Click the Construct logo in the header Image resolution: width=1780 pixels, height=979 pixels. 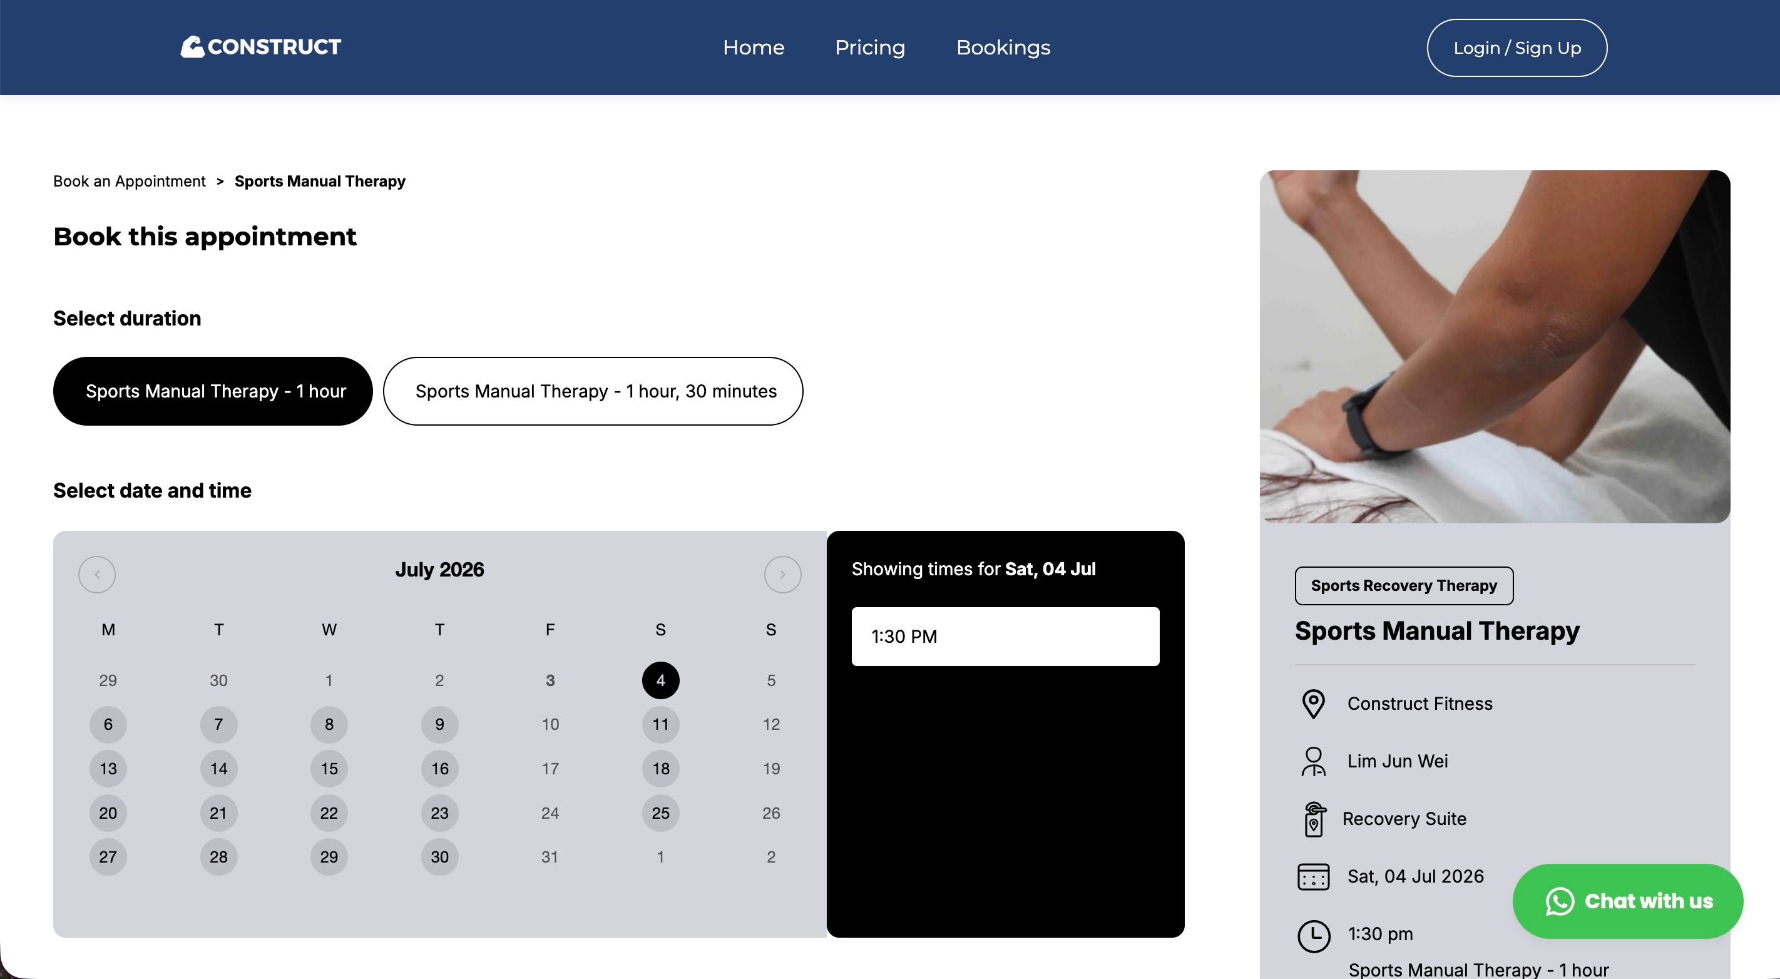click(x=260, y=47)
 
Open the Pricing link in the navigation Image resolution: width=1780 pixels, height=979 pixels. click(x=870, y=48)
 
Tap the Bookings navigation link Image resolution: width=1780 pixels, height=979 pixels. click(x=1003, y=48)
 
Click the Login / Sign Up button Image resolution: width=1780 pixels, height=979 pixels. click(x=1517, y=48)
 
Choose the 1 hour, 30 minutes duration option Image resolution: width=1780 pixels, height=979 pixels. click(x=593, y=391)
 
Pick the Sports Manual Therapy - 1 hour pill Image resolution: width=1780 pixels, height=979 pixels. click(x=213, y=391)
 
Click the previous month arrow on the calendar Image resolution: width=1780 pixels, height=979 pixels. click(x=97, y=574)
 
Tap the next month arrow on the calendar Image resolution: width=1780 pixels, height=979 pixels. click(x=782, y=574)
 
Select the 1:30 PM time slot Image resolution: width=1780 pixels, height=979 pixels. click(x=1005, y=637)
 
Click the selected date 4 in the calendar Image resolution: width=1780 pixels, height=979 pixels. click(x=660, y=680)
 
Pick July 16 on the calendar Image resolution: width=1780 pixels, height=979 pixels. click(x=439, y=768)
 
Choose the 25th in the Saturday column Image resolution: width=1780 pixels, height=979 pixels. click(x=660, y=812)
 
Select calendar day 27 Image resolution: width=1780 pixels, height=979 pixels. click(x=108, y=857)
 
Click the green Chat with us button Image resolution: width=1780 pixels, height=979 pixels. click(x=1628, y=901)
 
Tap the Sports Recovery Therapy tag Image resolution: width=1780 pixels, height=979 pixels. click(x=1404, y=586)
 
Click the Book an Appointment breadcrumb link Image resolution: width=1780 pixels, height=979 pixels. click(x=129, y=181)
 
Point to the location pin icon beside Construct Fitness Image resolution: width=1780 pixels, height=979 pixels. click(x=1313, y=704)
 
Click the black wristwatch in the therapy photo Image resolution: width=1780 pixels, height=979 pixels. click(x=1364, y=421)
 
